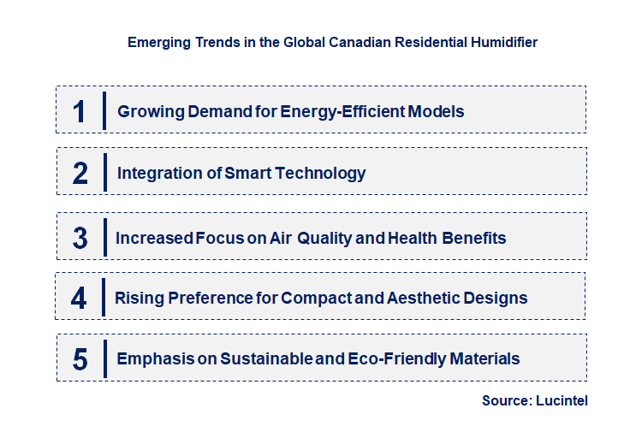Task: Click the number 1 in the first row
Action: click(80, 111)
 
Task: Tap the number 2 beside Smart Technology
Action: click(80, 174)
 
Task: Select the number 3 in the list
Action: click(80, 237)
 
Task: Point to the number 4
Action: click(79, 299)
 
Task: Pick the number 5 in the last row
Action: click(80, 359)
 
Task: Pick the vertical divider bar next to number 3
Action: click(104, 237)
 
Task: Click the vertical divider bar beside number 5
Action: click(104, 359)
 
